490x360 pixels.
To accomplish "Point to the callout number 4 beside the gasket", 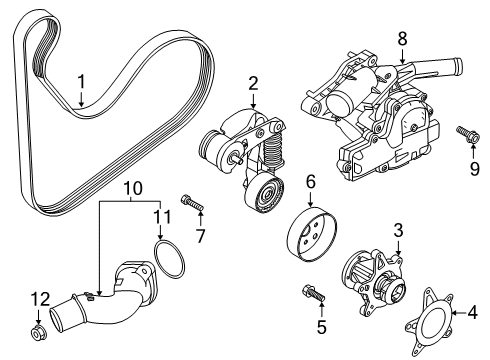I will pyautogui.click(x=472, y=311).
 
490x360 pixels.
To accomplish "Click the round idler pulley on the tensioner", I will pyautogui.click(x=266, y=195).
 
